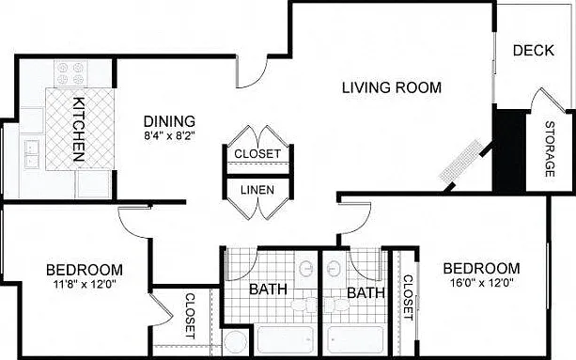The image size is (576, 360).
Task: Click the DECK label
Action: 534,51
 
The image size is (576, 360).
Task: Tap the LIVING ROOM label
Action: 392,87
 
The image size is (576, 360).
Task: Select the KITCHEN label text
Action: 79,130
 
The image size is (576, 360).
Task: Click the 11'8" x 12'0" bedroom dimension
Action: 85,284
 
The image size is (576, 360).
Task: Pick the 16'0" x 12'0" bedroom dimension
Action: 482,283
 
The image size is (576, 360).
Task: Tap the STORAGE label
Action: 550,149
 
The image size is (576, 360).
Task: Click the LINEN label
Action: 257,190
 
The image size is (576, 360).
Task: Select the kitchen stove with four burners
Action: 70,73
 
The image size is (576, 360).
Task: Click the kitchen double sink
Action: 32,154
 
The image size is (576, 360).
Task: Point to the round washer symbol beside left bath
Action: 236,343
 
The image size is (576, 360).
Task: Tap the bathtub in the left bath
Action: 286,340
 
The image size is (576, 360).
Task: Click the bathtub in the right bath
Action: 355,340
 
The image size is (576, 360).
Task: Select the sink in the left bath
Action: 305,269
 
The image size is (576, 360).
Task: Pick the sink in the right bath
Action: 334,269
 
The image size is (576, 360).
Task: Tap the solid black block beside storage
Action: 509,149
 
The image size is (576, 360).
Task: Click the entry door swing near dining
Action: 253,71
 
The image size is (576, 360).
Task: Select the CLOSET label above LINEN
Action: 257,154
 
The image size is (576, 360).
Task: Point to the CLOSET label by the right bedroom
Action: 408,298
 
